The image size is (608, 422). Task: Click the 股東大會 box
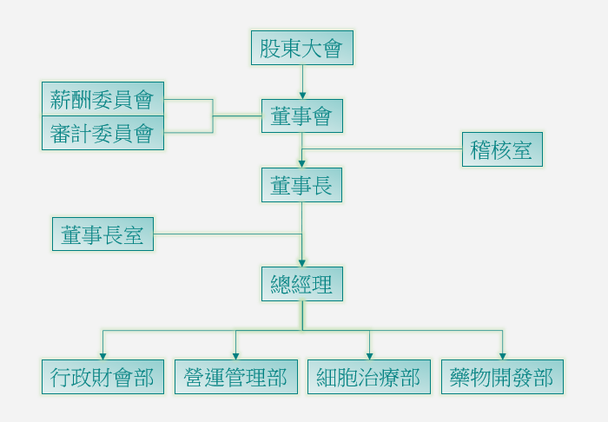(301, 48)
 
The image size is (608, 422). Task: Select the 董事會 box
(301, 115)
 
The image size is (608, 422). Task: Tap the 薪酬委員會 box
(102, 99)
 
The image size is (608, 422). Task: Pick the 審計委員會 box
(102, 133)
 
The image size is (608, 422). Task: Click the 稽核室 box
(501, 149)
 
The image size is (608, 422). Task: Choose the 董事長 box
(301, 185)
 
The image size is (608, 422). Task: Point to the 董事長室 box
(102, 234)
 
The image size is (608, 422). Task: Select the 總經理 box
(301, 284)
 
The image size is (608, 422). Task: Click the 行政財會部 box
(102, 377)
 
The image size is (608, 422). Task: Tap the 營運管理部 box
(235, 377)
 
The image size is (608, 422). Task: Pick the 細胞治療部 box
(368, 377)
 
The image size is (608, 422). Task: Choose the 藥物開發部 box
(502, 377)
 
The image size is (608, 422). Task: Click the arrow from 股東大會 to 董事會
(302, 82)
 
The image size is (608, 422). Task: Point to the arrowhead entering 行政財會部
(102, 356)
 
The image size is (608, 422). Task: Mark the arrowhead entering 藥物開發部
(502, 356)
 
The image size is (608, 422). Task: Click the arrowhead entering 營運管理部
(235, 356)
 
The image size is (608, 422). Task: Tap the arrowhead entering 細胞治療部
(369, 356)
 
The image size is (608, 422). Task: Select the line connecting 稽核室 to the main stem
(382, 149)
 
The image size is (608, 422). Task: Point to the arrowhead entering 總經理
(302, 262)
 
